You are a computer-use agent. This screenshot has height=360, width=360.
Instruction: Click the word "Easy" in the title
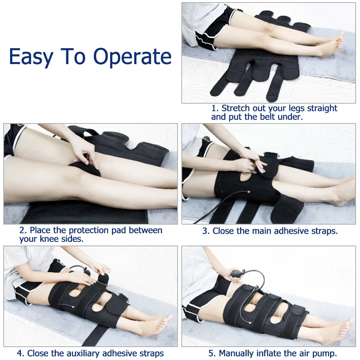[31, 57]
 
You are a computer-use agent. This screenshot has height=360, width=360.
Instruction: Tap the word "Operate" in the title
[132, 57]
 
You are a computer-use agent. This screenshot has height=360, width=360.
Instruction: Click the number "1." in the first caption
[215, 108]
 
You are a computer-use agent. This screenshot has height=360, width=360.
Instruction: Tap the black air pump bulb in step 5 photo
[237, 274]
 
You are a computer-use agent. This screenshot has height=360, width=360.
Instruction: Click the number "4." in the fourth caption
[21, 353]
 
